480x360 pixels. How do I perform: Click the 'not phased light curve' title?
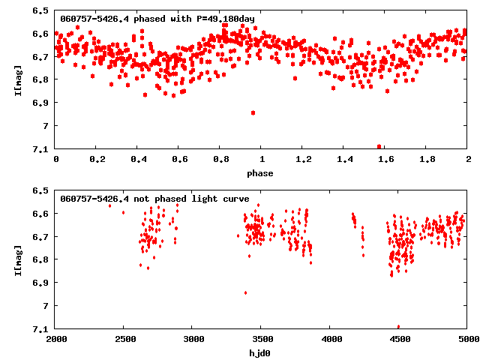pyautogui.click(x=154, y=199)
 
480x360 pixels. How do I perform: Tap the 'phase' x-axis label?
pyautogui.click(x=261, y=173)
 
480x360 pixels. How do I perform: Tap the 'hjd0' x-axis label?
pyautogui.click(x=261, y=352)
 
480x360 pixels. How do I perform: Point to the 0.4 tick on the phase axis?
pyautogui.click(x=138, y=160)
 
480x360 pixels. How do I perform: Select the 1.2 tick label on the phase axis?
pyautogui.click(x=303, y=160)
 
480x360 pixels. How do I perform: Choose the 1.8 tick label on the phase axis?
pyautogui.click(x=427, y=160)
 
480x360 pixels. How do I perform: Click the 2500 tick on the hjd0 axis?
pyautogui.click(x=124, y=339)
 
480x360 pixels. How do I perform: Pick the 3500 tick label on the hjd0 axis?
pyautogui.click(x=262, y=339)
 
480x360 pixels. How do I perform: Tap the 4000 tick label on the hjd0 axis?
pyautogui.click(x=330, y=339)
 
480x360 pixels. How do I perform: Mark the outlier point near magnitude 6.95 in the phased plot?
pyautogui.click(x=253, y=112)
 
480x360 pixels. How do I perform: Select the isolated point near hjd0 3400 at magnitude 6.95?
pyautogui.click(x=245, y=292)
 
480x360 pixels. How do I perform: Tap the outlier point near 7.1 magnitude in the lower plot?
pyautogui.click(x=398, y=326)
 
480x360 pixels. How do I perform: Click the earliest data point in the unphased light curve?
pyautogui.click(x=109, y=205)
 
